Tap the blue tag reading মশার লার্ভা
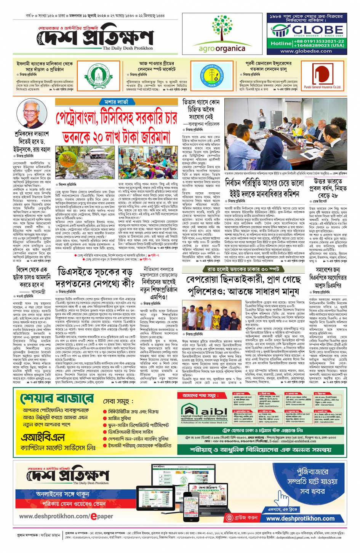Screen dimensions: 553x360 tap(117, 102)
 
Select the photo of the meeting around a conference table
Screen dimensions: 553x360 tap(286, 134)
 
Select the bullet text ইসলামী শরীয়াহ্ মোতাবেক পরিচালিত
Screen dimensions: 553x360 tap(139, 445)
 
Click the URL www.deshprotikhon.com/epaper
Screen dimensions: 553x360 tap(66, 516)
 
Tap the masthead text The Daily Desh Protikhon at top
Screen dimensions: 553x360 tap(128, 48)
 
